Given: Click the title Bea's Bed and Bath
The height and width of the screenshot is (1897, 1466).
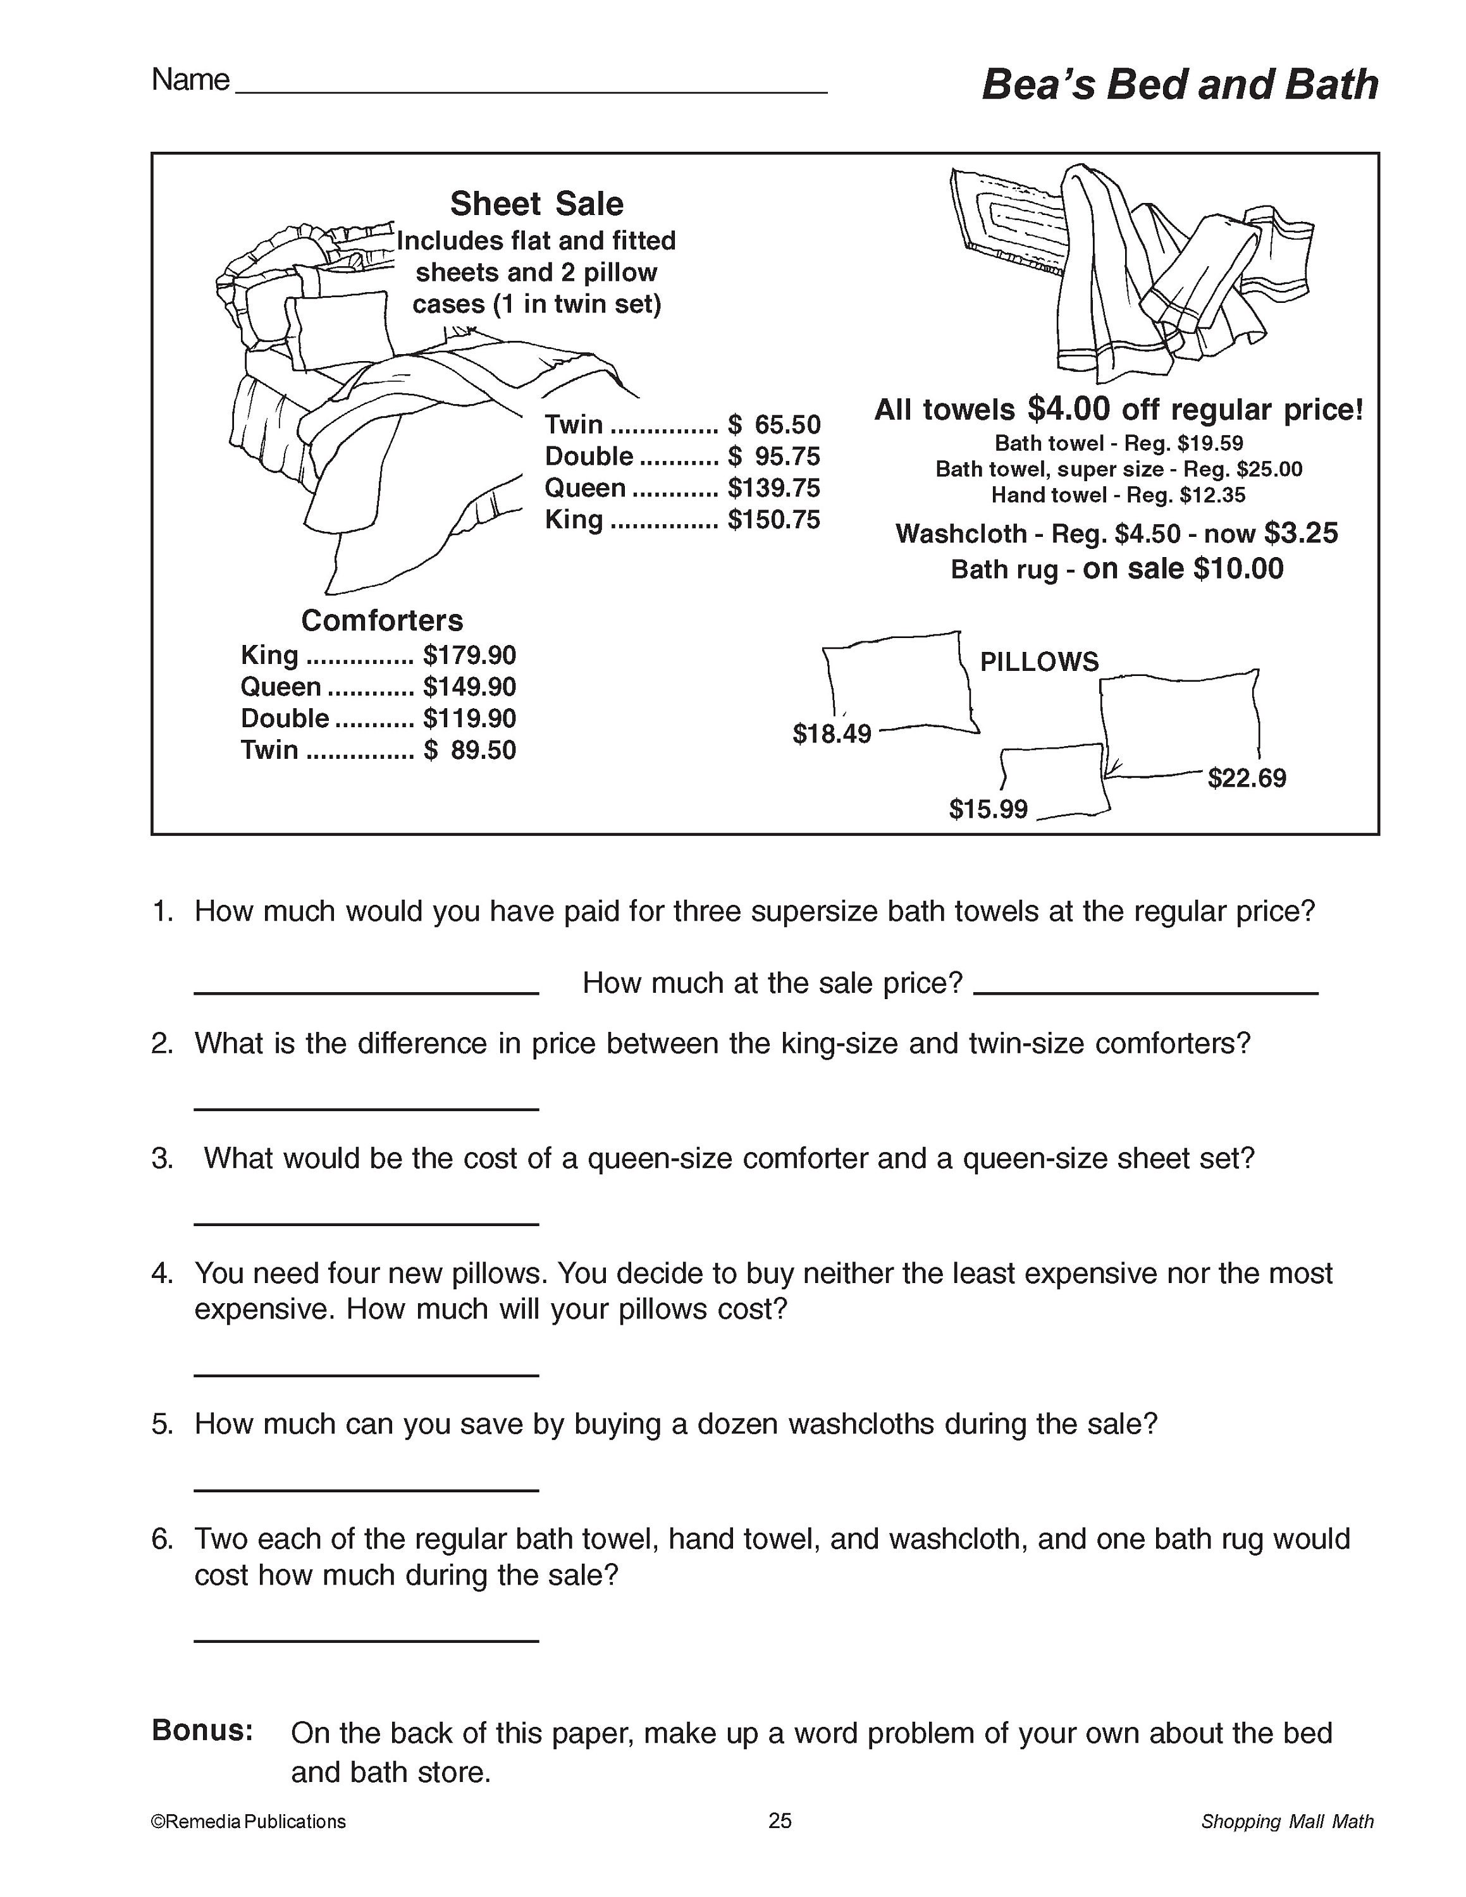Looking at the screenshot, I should [x=1178, y=86].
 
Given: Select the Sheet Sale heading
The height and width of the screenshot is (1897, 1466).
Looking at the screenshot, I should [x=537, y=204].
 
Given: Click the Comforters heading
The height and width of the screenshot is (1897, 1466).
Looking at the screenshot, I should [x=382, y=620].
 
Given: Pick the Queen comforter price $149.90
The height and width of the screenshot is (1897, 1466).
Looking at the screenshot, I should [x=469, y=687].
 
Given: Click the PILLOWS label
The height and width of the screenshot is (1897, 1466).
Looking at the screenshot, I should [x=1038, y=662].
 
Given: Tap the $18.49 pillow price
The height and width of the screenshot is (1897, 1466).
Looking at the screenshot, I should [x=831, y=734].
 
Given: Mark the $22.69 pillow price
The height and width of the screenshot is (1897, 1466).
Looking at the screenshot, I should [x=1247, y=778].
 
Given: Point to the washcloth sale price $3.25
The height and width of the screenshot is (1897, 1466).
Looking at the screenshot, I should [x=1300, y=532].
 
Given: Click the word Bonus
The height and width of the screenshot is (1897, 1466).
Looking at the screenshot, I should [x=202, y=1730].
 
